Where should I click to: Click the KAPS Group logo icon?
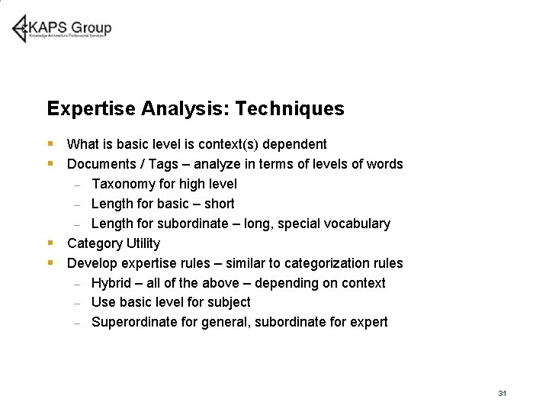pyautogui.click(x=20, y=28)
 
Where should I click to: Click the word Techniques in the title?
pyautogui.click(x=290, y=109)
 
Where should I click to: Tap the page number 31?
pyautogui.click(x=502, y=393)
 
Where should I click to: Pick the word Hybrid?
pyautogui.click(x=111, y=283)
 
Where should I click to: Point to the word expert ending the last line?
pyautogui.click(x=370, y=322)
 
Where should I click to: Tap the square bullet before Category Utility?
pyautogui.click(x=50, y=243)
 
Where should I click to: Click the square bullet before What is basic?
pyautogui.click(x=50, y=144)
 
